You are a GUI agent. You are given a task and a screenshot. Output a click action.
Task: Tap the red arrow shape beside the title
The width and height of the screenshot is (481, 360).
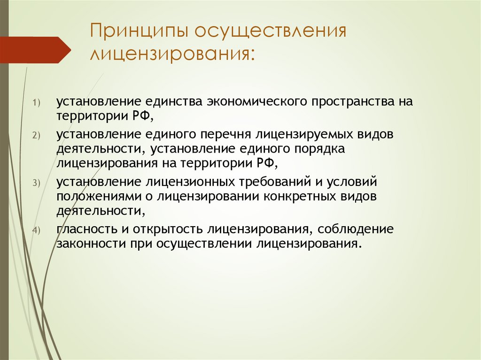[36, 50]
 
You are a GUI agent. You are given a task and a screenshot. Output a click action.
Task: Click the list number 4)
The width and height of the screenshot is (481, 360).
[37, 230]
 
